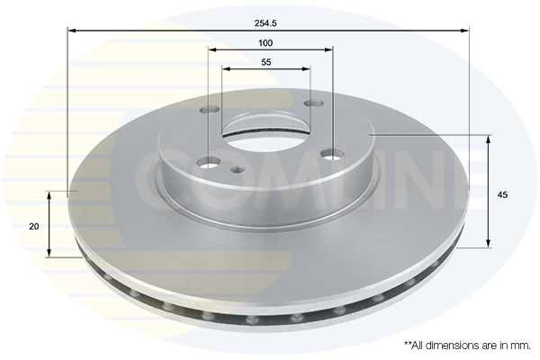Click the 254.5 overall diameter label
[265, 23]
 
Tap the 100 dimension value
[265, 43]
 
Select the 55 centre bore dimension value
[266, 62]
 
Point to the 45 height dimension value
[502, 194]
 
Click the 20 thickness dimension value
[34, 226]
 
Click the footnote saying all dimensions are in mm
[467, 346]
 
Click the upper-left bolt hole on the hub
[210, 110]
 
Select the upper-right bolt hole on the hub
[315, 103]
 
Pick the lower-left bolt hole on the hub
[210, 162]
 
